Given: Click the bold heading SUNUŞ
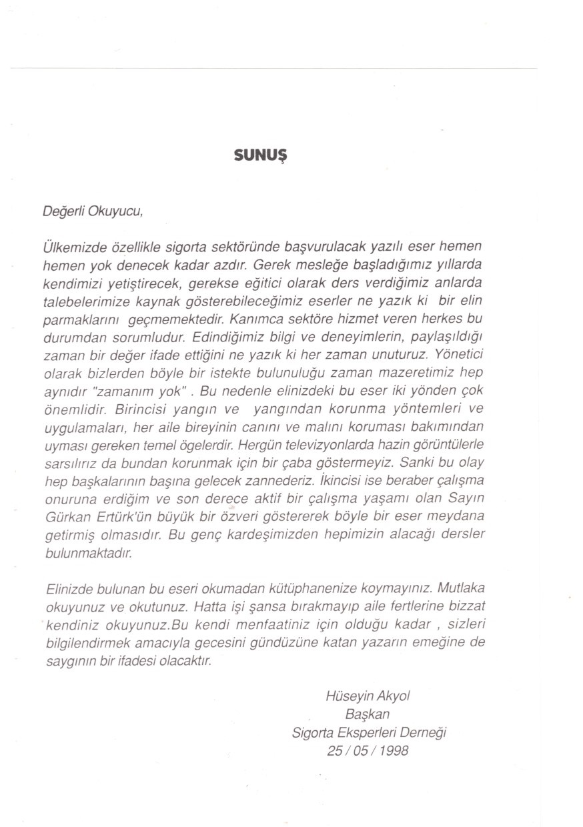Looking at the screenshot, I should [261, 155].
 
